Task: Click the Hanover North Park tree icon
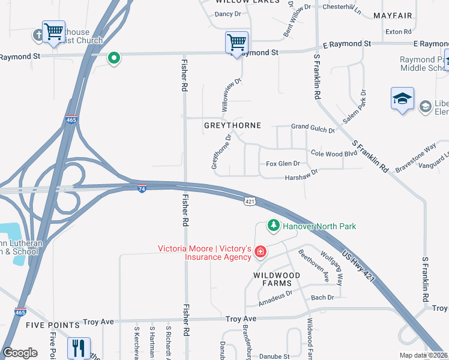[x=274, y=226]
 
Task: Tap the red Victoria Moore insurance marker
[x=261, y=251]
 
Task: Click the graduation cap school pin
[x=402, y=99]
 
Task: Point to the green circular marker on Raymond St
[x=113, y=58]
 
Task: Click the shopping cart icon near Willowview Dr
[x=237, y=43]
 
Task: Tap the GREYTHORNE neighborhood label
[x=232, y=125]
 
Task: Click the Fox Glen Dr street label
[x=282, y=163]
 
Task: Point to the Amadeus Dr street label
[x=277, y=293]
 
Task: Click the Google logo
[x=20, y=353]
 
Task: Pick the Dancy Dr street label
[x=228, y=14]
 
